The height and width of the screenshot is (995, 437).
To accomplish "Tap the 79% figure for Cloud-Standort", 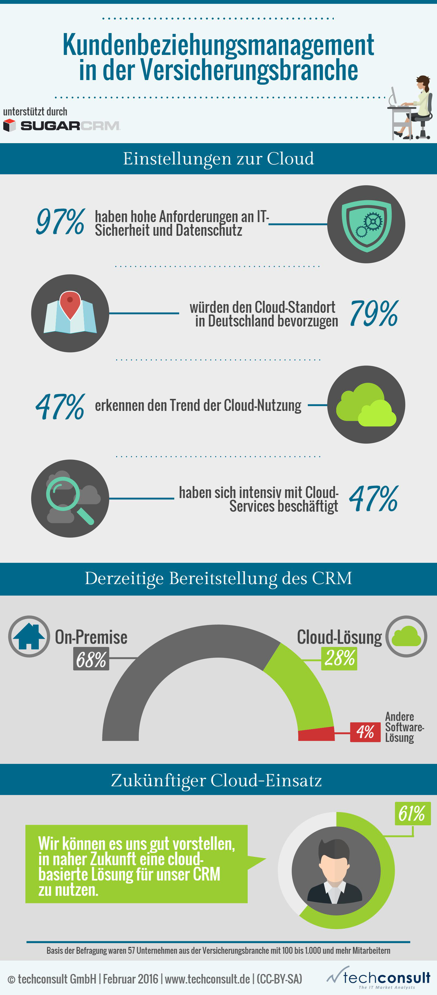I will pos(374,313).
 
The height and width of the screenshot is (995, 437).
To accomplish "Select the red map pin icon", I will pos(70,304).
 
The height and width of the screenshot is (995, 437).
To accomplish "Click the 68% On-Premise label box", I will pos(91,659).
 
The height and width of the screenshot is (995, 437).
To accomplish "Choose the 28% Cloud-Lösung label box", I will pos(339,658).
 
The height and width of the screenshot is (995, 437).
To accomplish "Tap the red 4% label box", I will pos(365,732).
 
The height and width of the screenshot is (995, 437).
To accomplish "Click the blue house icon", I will pos(29,636).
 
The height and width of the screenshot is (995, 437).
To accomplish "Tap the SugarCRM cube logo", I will pos(9,125).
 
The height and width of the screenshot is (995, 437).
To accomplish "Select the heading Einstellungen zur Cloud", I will pos(218,159).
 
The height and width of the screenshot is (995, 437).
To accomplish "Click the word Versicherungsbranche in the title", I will pos(249,70).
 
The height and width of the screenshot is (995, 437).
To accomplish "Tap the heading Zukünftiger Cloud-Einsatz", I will pos(216,780).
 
